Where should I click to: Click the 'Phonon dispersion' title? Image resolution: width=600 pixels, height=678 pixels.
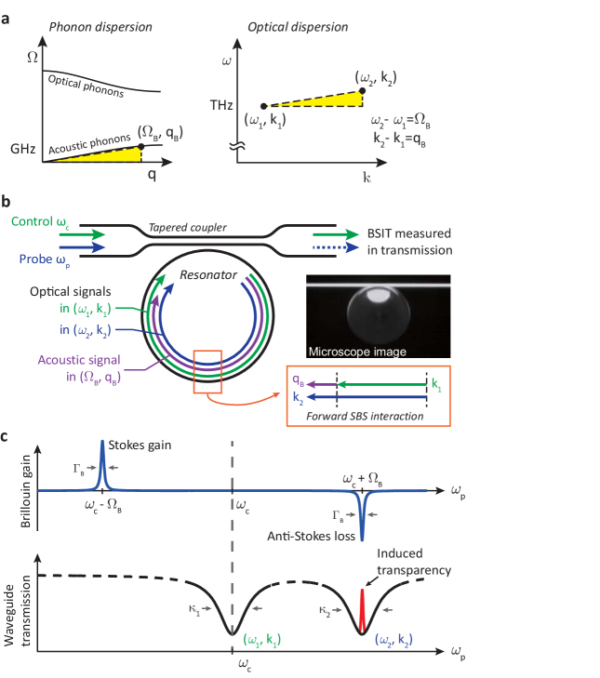pyautogui.click(x=100, y=26)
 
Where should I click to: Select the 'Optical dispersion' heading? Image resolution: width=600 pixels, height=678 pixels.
pyautogui.click(x=304, y=27)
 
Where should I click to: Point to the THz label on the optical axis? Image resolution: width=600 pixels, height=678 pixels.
pyautogui.click(x=222, y=106)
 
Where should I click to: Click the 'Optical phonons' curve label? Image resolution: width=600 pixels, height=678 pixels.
pyautogui.click(x=86, y=84)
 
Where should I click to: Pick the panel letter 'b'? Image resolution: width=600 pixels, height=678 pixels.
pyautogui.click(x=7, y=201)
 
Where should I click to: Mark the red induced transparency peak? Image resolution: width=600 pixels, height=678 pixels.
pyautogui.click(x=363, y=608)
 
